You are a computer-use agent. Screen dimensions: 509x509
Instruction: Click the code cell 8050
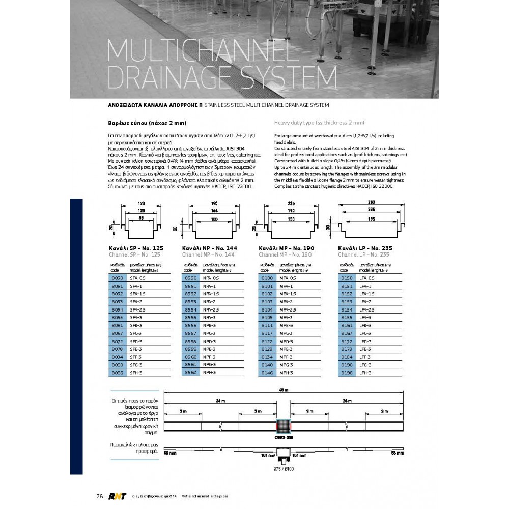(117, 278)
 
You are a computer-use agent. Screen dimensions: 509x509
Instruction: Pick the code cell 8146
(267, 373)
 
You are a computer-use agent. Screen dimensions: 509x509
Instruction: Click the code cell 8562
(190, 373)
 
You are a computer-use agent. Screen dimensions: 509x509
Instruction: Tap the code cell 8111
(267, 325)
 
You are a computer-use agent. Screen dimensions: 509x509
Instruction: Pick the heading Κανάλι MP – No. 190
(287, 248)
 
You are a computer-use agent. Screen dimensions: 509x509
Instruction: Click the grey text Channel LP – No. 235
(363, 254)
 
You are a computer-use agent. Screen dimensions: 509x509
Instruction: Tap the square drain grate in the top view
(284, 426)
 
